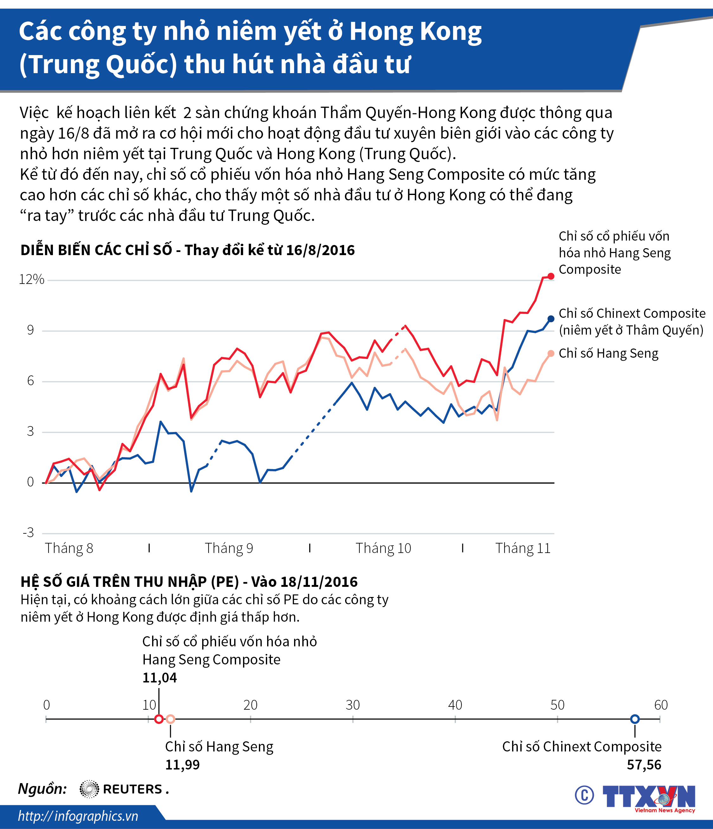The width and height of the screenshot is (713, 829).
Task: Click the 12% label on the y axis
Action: (x=31, y=279)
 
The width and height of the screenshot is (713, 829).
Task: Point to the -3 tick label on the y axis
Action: (x=29, y=532)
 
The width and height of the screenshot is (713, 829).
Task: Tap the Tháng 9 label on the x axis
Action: (x=229, y=548)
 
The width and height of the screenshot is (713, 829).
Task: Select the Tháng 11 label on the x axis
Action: (x=523, y=548)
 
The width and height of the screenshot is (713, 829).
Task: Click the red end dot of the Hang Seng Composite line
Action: (x=551, y=276)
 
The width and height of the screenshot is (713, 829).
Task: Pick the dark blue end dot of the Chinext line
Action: (x=551, y=319)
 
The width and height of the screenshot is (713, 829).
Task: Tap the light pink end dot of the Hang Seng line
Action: (x=551, y=353)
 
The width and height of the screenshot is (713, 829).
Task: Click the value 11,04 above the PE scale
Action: (x=159, y=678)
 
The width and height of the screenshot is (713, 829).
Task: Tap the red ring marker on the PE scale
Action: (x=159, y=719)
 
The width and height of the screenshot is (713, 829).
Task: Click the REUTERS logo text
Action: (x=132, y=789)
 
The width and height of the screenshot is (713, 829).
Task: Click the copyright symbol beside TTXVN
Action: (x=584, y=795)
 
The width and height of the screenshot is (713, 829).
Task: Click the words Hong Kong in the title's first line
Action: (x=415, y=32)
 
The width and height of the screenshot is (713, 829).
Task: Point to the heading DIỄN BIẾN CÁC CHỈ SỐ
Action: (x=96, y=250)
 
